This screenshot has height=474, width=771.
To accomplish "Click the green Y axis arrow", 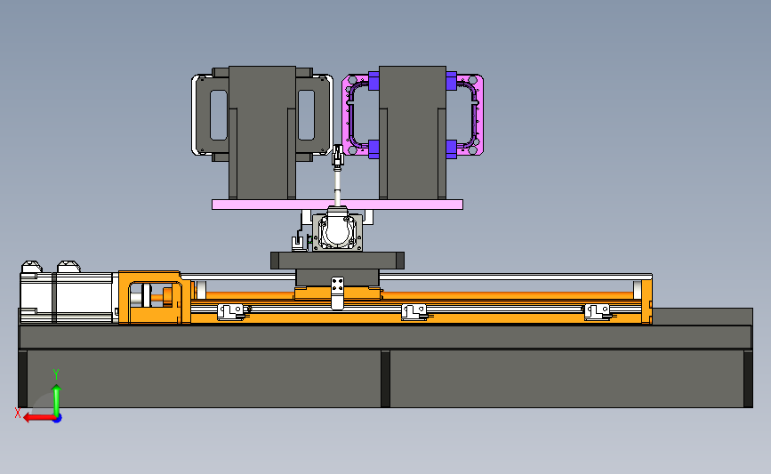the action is pos(57,400).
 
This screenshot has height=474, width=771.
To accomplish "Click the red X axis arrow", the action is pos(40,418).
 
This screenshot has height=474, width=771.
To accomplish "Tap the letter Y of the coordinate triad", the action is pos(56,374).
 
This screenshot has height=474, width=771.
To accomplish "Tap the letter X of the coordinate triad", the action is pos(18,413).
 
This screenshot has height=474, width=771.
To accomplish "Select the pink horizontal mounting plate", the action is pos(337,205).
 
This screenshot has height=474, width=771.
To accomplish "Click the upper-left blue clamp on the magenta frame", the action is pos(373,81).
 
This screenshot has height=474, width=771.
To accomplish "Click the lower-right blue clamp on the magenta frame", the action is pos(452,149).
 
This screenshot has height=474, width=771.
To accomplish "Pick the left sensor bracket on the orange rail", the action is pos(230,312).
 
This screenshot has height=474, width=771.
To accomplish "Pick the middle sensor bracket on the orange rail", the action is pos(414,312).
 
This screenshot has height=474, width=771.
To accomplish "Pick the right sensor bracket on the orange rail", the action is pos(597,312).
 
